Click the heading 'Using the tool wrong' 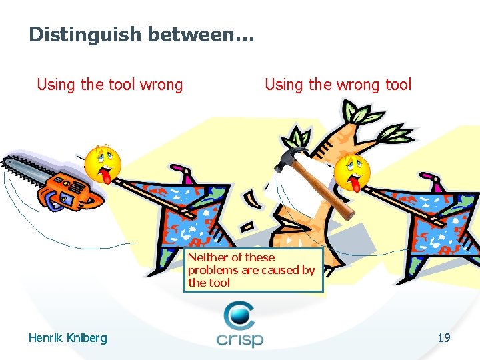point(109,85)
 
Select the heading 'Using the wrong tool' point(338,85)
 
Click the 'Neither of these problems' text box point(253,270)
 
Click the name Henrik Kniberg point(67,338)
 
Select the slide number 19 point(444,338)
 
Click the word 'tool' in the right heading point(398,85)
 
